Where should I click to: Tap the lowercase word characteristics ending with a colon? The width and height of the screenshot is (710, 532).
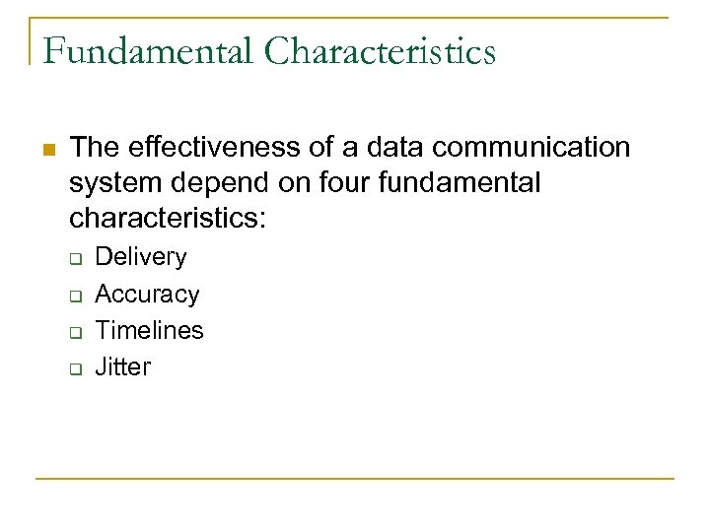click(168, 218)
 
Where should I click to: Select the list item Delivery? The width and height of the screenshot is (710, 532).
click(140, 257)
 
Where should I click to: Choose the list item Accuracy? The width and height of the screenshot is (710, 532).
click(147, 294)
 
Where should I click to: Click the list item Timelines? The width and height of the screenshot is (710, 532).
click(149, 330)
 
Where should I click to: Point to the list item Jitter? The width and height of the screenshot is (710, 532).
click(122, 366)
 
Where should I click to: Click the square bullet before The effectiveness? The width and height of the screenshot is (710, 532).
click(48, 150)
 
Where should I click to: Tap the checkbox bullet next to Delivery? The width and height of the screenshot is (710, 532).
click(74, 259)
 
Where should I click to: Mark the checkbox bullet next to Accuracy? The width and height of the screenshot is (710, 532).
click(74, 296)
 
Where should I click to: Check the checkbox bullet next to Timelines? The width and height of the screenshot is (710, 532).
click(74, 332)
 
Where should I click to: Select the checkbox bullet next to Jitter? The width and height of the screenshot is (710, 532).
click(74, 368)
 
